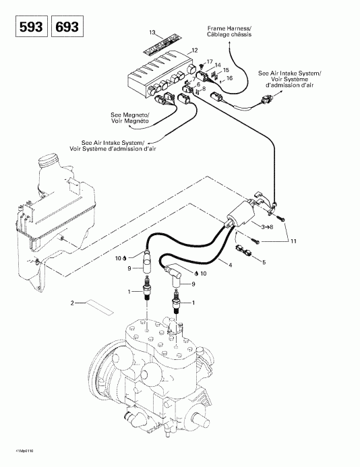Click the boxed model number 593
click(x=25, y=28)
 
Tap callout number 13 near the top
click(x=152, y=32)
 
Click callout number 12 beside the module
click(x=194, y=51)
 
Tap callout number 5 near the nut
click(x=264, y=262)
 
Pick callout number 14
click(x=218, y=65)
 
